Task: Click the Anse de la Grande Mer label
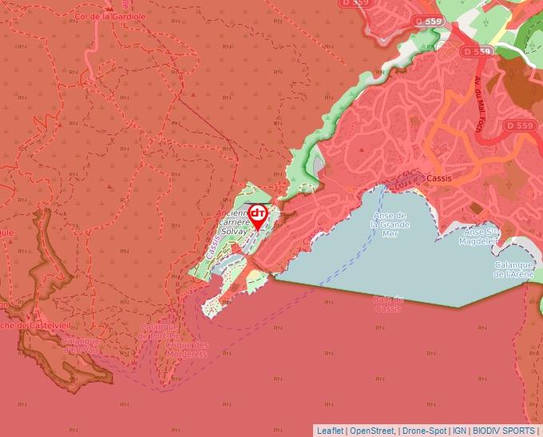tap(390, 224)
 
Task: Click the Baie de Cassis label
tap(388, 304)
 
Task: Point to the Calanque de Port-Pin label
tap(159, 332)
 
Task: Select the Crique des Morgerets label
tap(187, 350)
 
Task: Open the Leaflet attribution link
tap(330, 431)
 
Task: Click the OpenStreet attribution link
tap(372, 431)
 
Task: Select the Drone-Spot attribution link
tap(424, 431)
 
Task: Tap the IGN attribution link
tap(459, 431)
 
